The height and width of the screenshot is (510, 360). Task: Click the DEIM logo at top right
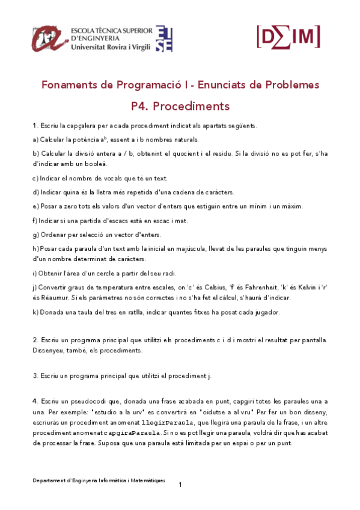coord(288,37)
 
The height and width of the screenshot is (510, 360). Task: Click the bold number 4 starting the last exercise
coord(35,401)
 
